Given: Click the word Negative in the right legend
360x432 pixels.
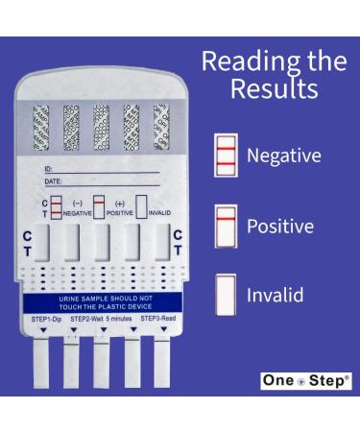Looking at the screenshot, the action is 284,156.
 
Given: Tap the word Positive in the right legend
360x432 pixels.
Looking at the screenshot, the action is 280,227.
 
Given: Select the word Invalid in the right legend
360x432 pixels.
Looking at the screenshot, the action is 275,295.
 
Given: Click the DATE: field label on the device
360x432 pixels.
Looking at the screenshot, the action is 53,181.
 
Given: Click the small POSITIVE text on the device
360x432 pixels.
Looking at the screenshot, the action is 119,214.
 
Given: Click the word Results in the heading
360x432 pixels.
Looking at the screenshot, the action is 274,90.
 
